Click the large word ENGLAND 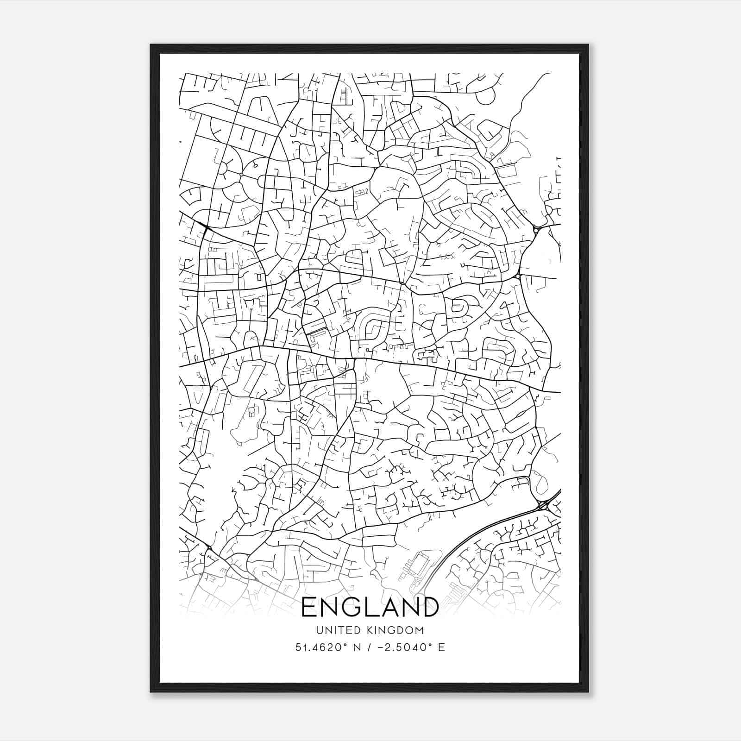tap(370, 607)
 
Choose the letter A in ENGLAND tap(386, 607)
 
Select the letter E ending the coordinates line tap(441, 647)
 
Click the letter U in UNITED tap(319, 630)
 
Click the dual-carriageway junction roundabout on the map tap(544, 505)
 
